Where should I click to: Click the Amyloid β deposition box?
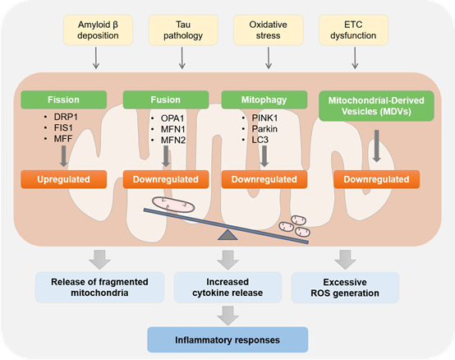98,30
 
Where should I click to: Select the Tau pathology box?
183,30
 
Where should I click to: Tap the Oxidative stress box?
269,30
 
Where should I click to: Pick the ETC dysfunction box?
353,30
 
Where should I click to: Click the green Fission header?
64,100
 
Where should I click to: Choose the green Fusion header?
166,100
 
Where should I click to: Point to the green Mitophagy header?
264,100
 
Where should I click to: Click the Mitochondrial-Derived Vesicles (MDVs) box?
376,106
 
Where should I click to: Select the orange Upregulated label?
64,179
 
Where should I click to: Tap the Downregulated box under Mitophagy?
264,179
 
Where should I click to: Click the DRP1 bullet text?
66,117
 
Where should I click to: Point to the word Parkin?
264,129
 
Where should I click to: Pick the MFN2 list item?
173,141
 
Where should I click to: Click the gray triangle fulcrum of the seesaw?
227,234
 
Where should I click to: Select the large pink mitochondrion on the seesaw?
173,205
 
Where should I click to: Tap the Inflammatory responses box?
227,340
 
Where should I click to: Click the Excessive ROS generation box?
345,288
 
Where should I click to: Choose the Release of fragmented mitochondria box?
100,288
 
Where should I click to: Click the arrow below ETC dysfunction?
355,58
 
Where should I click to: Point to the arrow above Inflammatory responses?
227,316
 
